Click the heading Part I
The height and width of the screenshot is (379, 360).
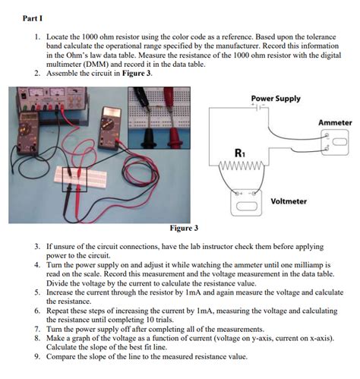[x=33, y=18]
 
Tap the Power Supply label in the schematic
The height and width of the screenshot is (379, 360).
[x=276, y=99]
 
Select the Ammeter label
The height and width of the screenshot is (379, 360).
[x=335, y=123]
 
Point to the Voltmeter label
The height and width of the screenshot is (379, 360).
[x=289, y=201]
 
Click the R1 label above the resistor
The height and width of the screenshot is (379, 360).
[x=240, y=153]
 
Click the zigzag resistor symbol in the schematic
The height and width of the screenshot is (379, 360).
[x=242, y=166]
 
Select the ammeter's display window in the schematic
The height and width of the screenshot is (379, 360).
[x=339, y=142]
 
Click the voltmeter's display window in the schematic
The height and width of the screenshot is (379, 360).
[x=247, y=206]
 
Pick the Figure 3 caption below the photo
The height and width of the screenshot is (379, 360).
[x=184, y=228]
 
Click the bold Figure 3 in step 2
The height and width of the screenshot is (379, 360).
[x=137, y=74]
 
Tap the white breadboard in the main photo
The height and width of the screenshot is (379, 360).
[x=81, y=177]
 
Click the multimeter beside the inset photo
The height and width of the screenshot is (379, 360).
[x=110, y=128]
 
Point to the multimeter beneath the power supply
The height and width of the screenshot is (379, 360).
[x=29, y=132]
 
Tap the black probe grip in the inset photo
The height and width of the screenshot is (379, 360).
[x=147, y=138]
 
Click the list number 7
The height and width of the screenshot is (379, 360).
[x=37, y=329]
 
